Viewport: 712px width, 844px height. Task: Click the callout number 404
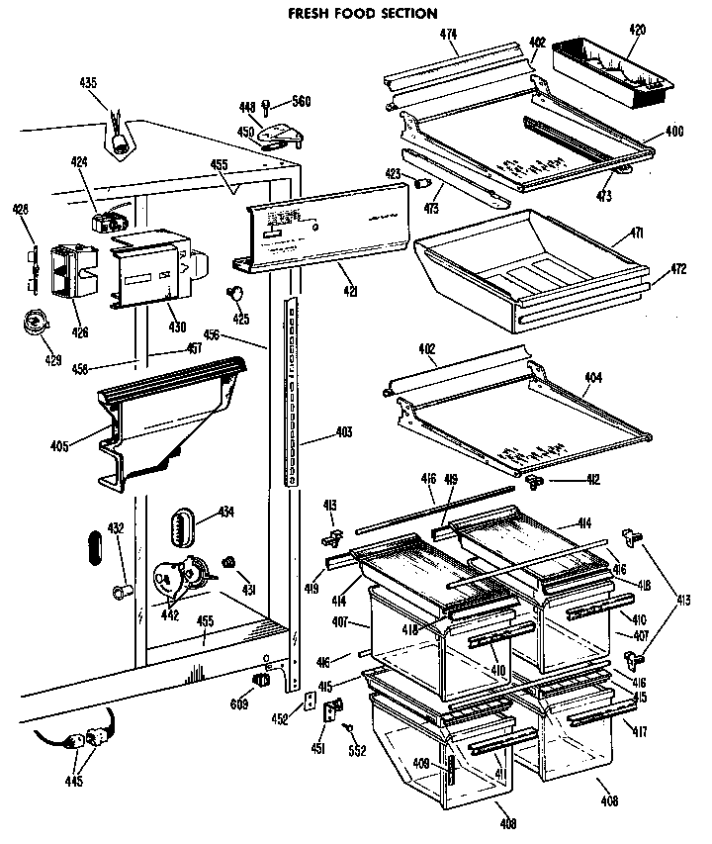(x=591, y=377)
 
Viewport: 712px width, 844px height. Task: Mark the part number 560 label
(x=300, y=102)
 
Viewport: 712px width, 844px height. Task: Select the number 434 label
(x=225, y=512)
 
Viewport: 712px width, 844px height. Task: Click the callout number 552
(x=357, y=750)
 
